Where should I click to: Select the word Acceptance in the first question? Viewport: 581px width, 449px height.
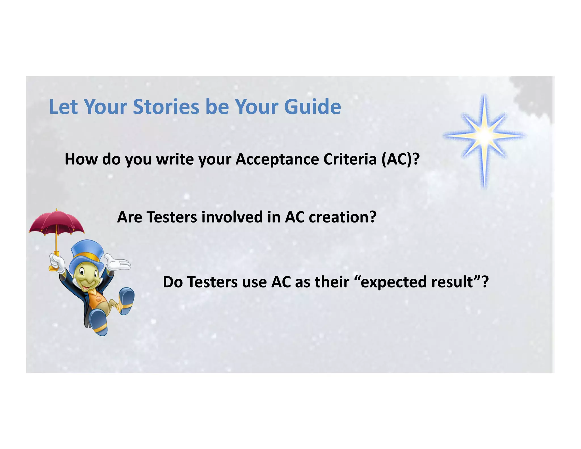pyautogui.click(x=277, y=160)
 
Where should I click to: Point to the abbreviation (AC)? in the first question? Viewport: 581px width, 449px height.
pyautogui.click(x=400, y=159)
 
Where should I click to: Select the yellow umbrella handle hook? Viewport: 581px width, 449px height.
pyautogui.click(x=53, y=267)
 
